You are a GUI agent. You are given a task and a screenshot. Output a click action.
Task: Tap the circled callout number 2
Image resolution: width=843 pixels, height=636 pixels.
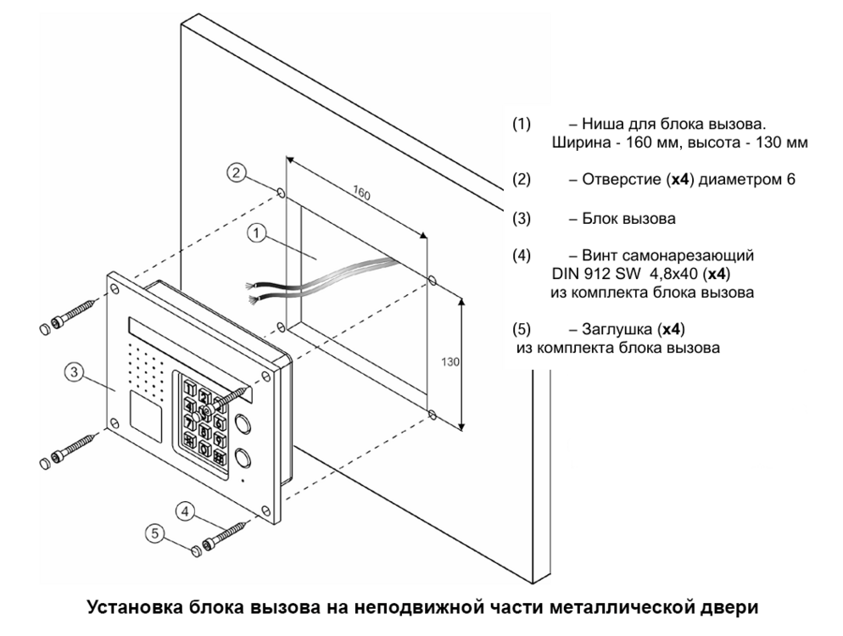239,173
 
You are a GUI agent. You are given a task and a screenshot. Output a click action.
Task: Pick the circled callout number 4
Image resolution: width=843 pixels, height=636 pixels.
186,511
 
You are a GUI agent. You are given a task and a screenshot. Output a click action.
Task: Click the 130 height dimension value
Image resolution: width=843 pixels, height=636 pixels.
450,361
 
